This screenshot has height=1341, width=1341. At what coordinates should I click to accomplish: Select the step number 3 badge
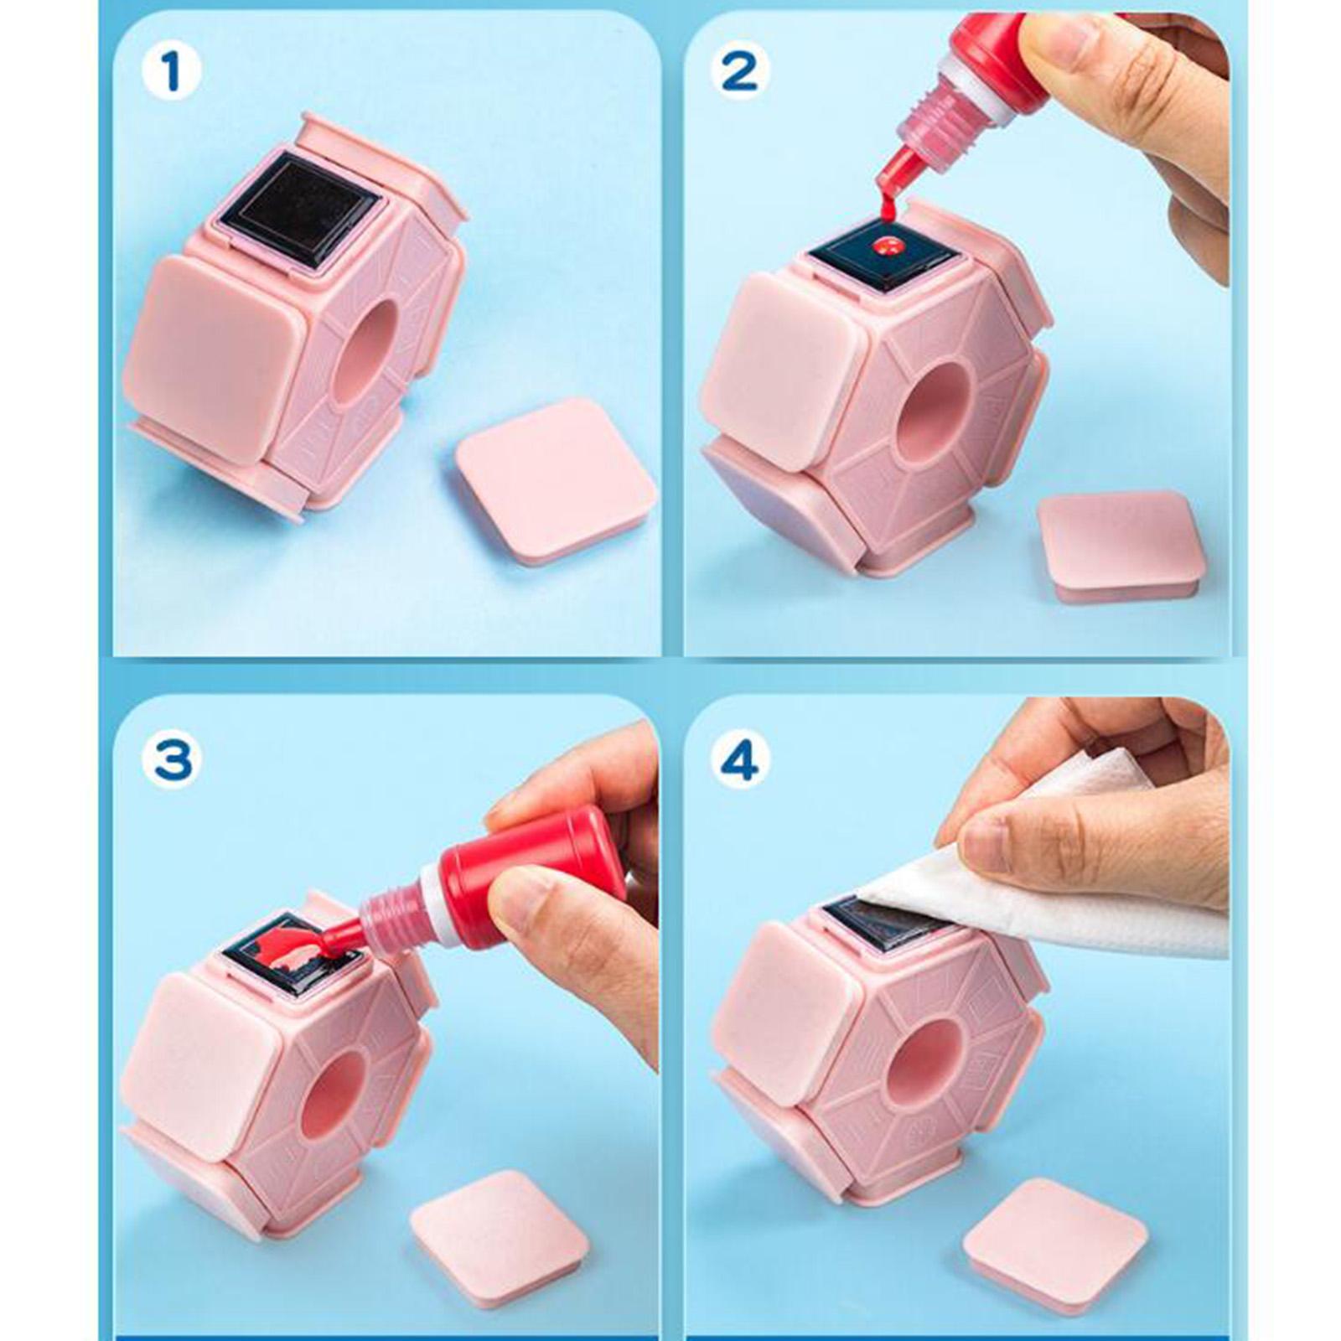coord(172,761)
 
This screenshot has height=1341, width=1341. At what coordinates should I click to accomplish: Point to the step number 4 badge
coord(739,761)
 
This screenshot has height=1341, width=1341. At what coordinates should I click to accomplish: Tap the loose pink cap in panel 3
coord(500,1235)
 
